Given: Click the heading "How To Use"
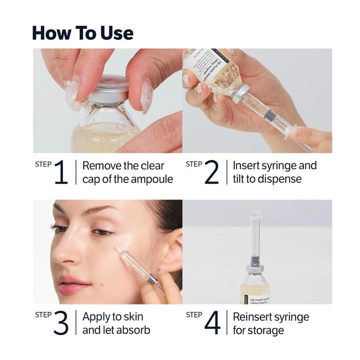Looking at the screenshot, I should (83, 33).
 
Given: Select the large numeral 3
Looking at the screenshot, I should (61, 323).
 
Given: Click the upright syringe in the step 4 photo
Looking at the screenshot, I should (256, 238).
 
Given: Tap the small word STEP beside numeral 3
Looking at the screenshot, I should (43, 315).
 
